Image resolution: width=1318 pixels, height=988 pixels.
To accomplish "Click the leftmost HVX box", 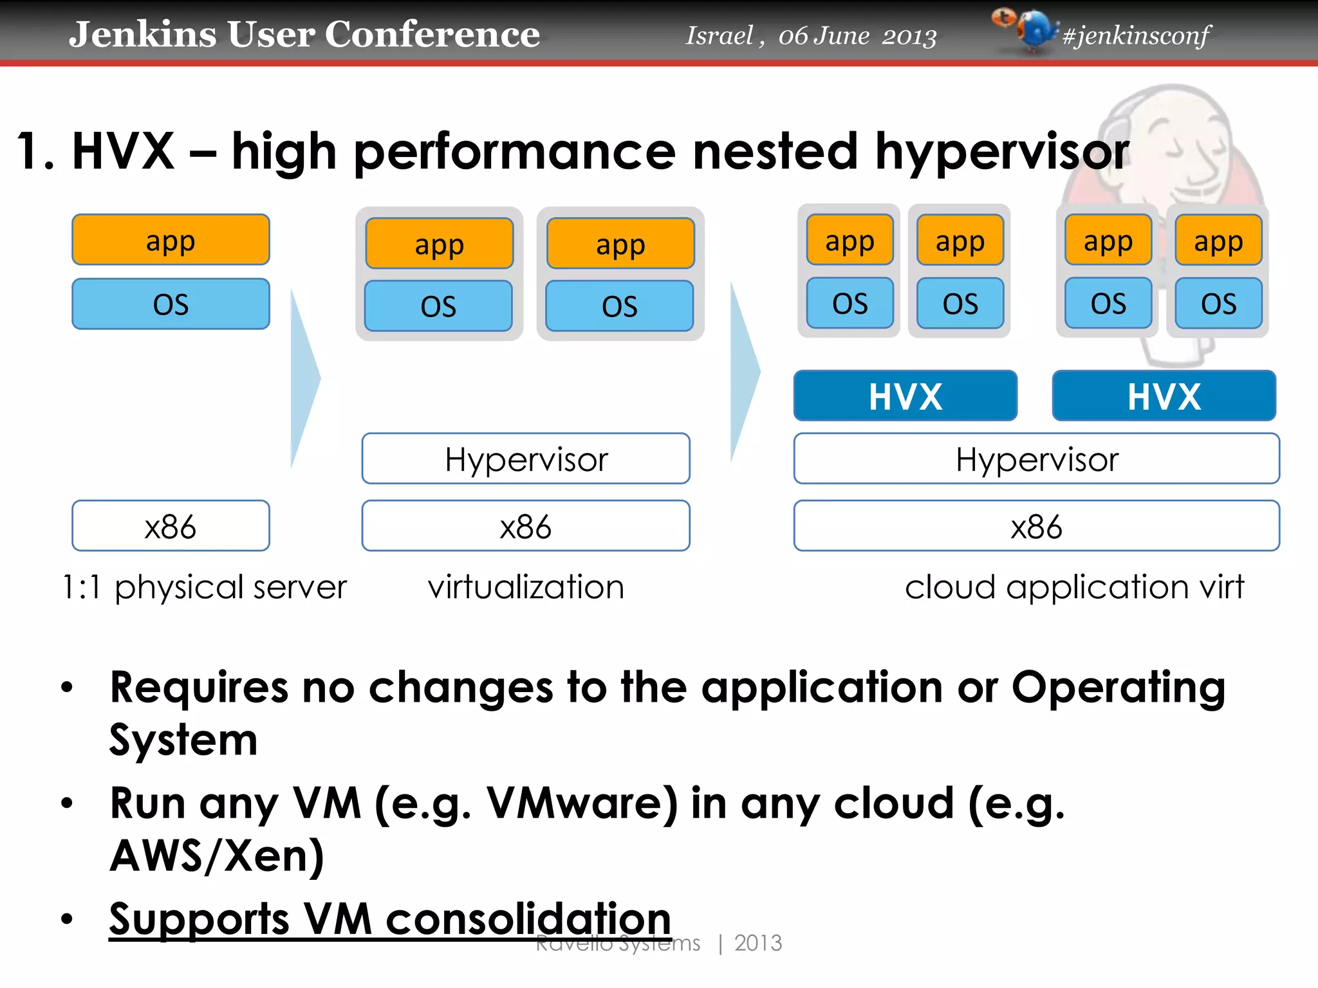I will (x=905, y=396).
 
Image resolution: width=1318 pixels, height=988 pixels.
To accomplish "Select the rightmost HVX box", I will (x=1164, y=396).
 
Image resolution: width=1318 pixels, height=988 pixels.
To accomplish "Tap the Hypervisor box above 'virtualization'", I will (x=526, y=459).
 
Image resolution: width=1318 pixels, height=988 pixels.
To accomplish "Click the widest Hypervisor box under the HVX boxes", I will (x=1036, y=459).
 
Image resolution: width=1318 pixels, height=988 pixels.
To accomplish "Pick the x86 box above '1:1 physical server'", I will (x=171, y=526).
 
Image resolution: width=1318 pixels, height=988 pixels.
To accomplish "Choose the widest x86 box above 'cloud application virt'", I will (x=1036, y=526).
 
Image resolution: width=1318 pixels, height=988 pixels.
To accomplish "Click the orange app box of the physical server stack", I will (x=171, y=240).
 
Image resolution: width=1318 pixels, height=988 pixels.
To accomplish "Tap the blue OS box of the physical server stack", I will (x=171, y=304).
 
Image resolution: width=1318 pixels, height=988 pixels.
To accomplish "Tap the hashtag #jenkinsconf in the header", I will (x=1136, y=35).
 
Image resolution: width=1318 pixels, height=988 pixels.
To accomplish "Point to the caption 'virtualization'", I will (x=526, y=587).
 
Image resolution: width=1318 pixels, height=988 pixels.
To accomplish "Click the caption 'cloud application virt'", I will (x=1073, y=587).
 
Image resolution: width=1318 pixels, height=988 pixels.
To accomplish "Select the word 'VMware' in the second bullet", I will (x=582, y=803).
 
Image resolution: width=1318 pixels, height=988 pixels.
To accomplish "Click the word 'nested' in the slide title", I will (x=775, y=151).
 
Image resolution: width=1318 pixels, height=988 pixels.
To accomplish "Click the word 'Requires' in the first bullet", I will (x=199, y=687).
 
